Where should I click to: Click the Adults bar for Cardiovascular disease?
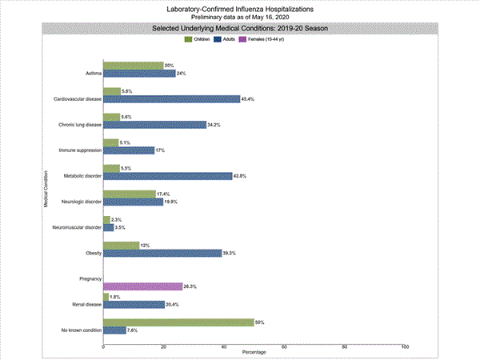pyautogui.click(x=172, y=99)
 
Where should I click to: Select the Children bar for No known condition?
pyautogui.click(x=179, y=322)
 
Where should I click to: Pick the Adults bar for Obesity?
pyautogui.click(x=162, y=253)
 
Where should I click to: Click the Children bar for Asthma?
pyautogui.click(x=133, y=66)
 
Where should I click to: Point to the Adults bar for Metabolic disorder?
pyautogui.click(x=168, y=176)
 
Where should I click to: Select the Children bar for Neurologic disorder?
pyautogui.click(x=130, y=194)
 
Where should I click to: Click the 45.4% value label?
pyautogui.click(x=247, y=99)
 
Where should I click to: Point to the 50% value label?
pyautogui.click(x=260, y=322)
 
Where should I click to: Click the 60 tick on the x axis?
pyautogui.click(x=285, y=346)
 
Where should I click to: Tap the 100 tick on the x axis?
pyautogui.click(x=405, y=346)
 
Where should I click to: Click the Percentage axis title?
pyautogui.click(x=254, y=353)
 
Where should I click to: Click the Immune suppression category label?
pyautogui.click(x=79, y=150)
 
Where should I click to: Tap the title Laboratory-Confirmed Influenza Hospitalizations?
pyautogui.click(x=240, y=9)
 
